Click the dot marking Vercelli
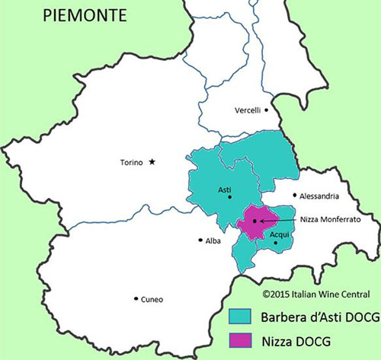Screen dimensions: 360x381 (266, 110)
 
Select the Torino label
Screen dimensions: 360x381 (133, 162)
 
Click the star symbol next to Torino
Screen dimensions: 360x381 (152, 161)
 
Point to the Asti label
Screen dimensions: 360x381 (224, 190)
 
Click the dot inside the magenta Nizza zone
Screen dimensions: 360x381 (255, 221)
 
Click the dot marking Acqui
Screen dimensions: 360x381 (276, 243)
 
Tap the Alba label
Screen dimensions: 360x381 (213, 240)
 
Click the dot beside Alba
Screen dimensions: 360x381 (200, 240)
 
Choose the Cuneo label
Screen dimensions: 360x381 (152, 299)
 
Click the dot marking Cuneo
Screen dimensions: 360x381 (136, 298)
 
